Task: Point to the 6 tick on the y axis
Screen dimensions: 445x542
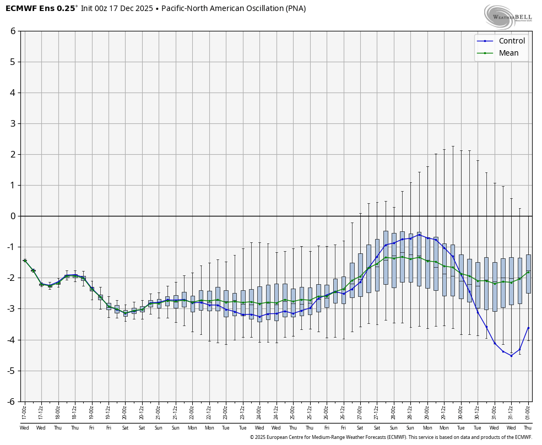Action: [x=13, y=31]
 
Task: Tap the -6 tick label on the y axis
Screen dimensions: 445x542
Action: [x=11, y=401]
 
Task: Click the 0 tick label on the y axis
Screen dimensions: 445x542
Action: [x=13, y=216]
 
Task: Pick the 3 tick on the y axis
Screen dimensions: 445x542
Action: [x=13, y=123]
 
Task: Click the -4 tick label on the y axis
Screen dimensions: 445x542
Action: [x=11, y=340]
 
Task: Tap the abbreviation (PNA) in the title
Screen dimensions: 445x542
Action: [x=292, y=8]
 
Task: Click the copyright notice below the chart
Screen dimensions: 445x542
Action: [x=391, y=437]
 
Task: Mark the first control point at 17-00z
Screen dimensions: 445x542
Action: [x=25, y=261]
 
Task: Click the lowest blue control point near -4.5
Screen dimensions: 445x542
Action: [x=511, y=356]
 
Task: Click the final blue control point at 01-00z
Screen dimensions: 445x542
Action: [x=528, y=328]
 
